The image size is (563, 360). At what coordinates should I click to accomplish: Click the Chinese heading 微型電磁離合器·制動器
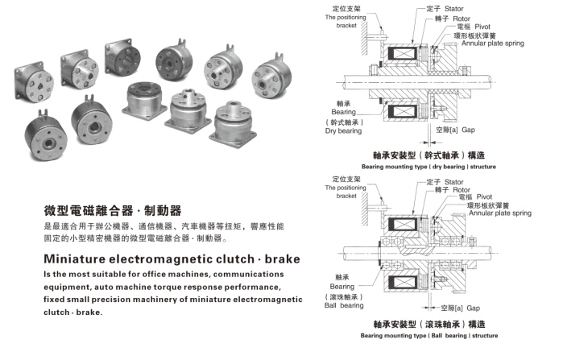pos(113,212)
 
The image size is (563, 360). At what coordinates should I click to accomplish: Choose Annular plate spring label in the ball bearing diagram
pos(503,213)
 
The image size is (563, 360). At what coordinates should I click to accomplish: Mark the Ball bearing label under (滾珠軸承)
pos(343,305)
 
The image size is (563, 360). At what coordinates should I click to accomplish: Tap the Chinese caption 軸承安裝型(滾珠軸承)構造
pos(429,325)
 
